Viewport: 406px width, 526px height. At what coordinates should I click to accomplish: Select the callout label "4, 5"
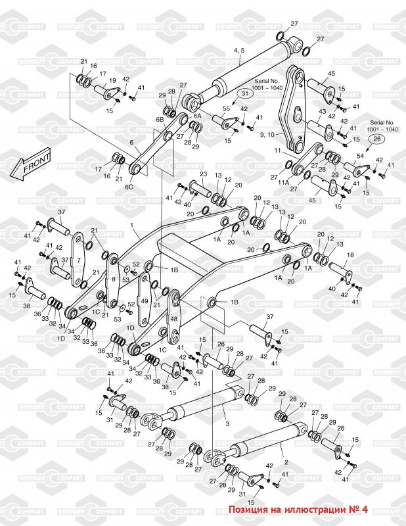click(x=239, y=50)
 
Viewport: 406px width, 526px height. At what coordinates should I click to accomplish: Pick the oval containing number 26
click(x=376, y=138)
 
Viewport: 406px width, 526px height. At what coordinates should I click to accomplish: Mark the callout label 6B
click(x=160, y=120)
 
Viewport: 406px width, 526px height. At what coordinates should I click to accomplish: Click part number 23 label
click(x=203, y=174)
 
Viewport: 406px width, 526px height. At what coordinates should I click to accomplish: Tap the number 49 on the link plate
click(x=144, y=301)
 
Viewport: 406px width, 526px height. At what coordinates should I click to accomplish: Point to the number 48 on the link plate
click(x=173, y=318)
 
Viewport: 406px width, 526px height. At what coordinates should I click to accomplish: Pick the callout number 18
click(x=350, y=254)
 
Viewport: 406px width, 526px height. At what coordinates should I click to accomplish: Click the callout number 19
click(x=112, y=81)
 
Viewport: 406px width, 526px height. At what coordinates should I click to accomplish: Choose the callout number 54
click(x=360, y=156)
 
